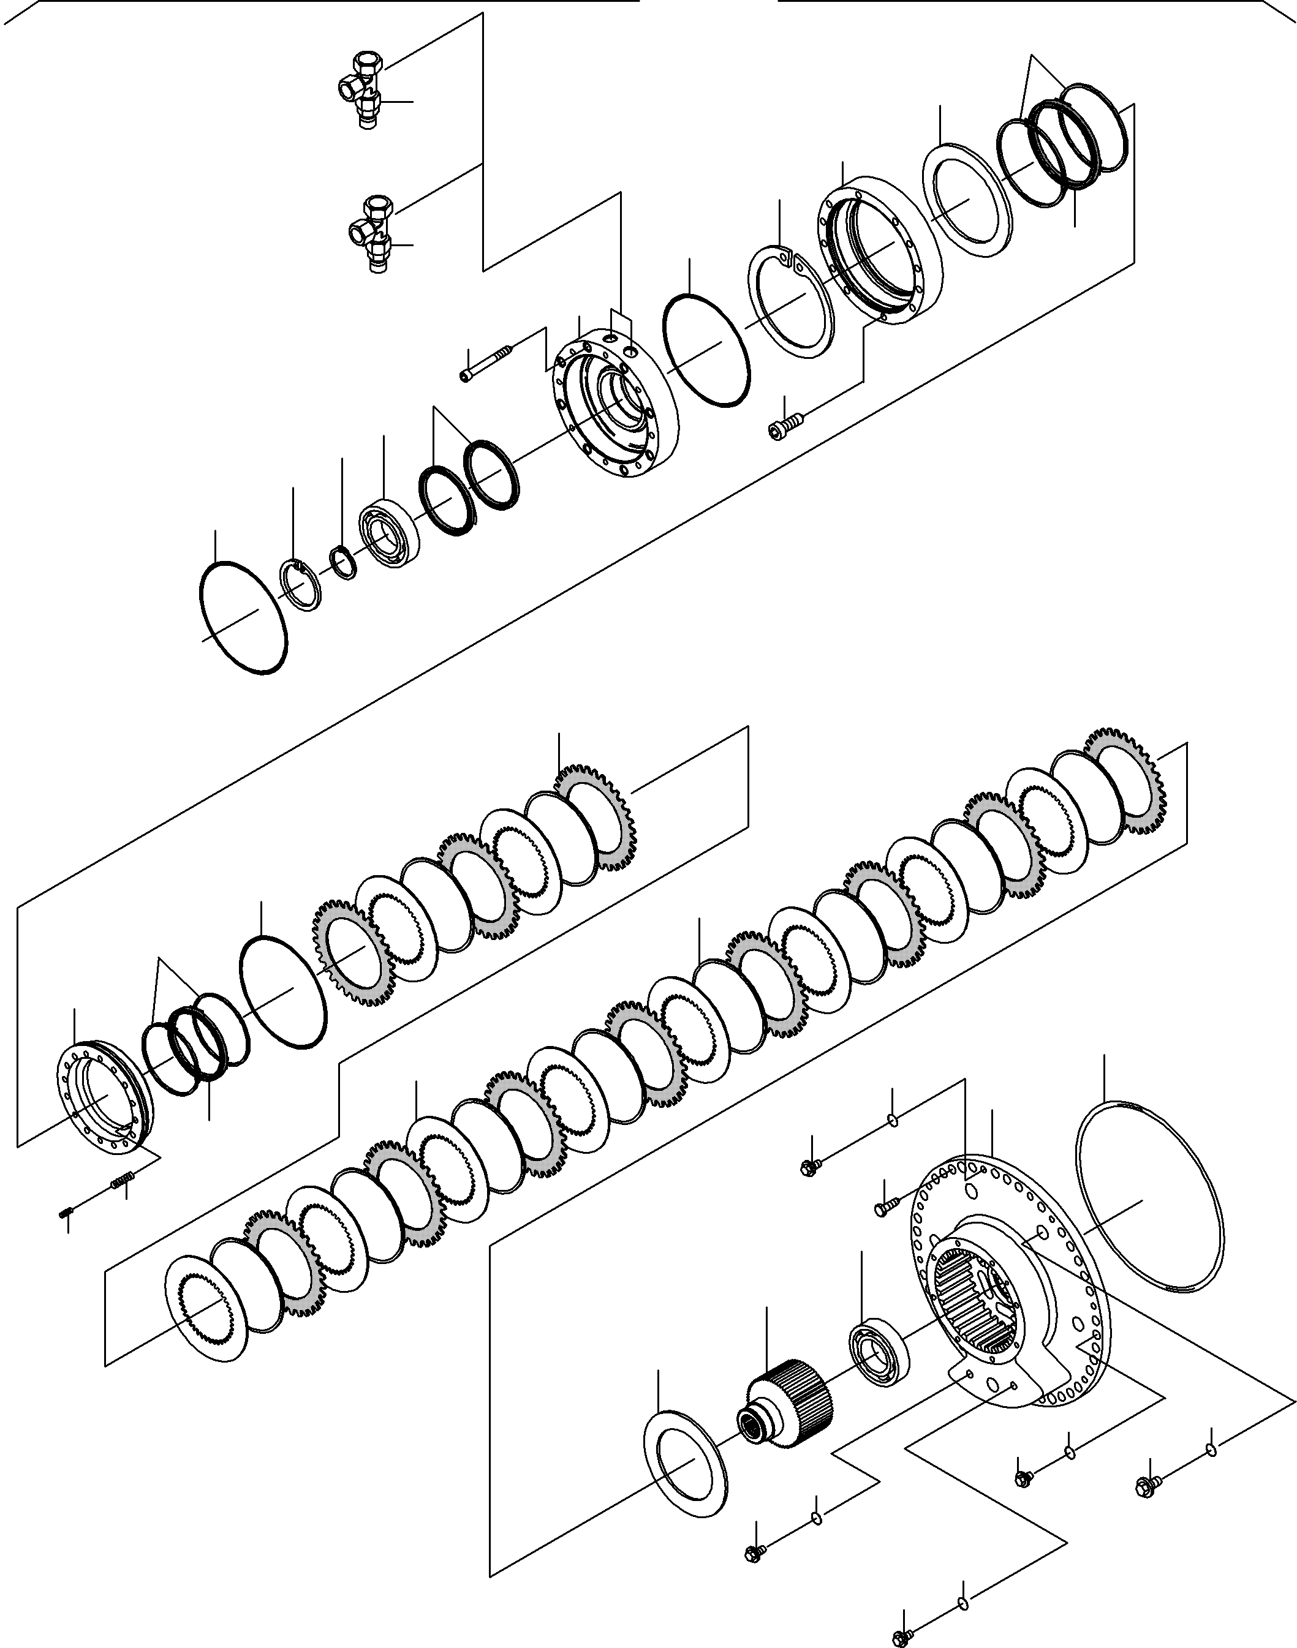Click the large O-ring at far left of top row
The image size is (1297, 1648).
pyautogui.click(x=243, y=616)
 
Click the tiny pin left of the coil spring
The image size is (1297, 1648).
pyautogui.click(x=66, y=1213)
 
